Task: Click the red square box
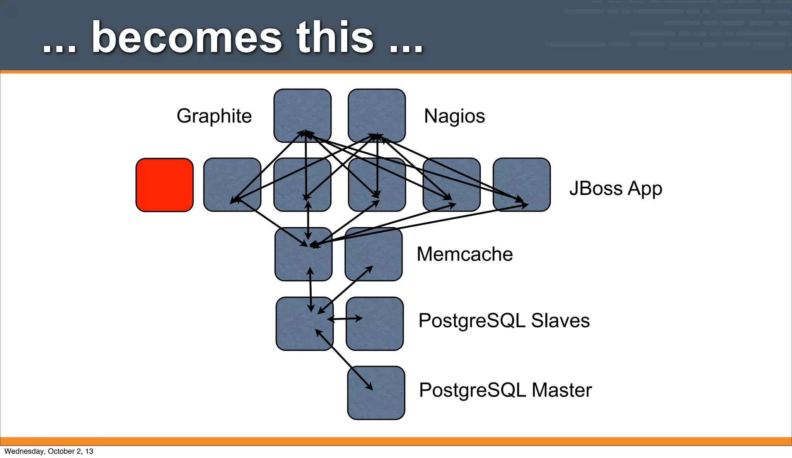tap(164, 185)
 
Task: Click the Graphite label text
tap(214, 116)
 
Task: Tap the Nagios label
tap(454, 116)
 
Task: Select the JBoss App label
tap(616, 189)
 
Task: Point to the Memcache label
tap(464, 254)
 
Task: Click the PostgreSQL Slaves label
tap(504, 321)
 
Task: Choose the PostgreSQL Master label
tap(505, 390)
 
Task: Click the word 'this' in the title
tap(335, 38)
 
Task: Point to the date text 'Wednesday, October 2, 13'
tap(49, 451)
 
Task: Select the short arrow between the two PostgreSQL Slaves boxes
tap(345, 319)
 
